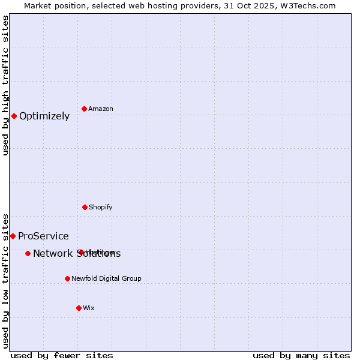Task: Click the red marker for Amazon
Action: pyautogui.click(x=85, y=109)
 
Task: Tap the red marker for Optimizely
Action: pyautogui.click(x=14, y=116)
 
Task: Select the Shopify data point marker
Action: pyautogui.click(x=85, y=207)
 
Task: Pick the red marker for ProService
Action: pyautogui.click(x=13, y=236)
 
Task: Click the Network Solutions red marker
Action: pyautogui.click(x=28, y=253)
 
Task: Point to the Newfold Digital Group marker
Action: pyautogui.click(x=67, y=278)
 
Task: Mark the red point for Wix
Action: pyautogui.click(x=79, y=308)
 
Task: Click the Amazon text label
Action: pyautogui.click(x=101, y=109)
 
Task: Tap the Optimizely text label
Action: pyautogui.click(x=44, y=116)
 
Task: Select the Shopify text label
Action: pyautogui.click(x=101, y=208)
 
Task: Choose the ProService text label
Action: pyautogui.click(x=43, y=236)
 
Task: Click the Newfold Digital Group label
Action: pyautogui.click(x=106, y=279)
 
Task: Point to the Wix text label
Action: pyautogui.click(x=89, y=308)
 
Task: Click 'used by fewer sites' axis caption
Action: pyautogui.click(x=62, y=356)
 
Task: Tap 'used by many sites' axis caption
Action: pyautogui.click(x=301, y=356)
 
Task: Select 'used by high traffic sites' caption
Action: pyautogui.click(x=5, y=85)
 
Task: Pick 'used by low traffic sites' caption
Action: pyautogui.click(x=5, y=280)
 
